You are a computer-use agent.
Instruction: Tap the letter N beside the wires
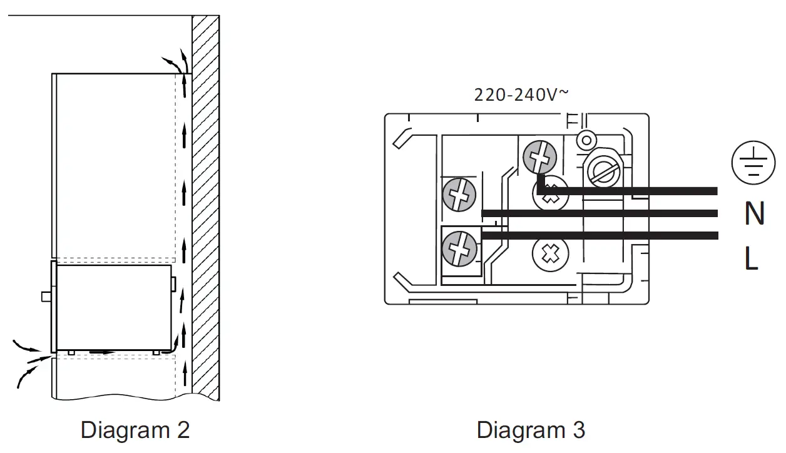click(x=754, y=214)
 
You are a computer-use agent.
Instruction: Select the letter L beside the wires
click(x=751, y=258)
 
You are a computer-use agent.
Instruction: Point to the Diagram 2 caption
click(x=135, y=430)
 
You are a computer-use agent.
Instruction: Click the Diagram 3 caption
click(x=531, y=430)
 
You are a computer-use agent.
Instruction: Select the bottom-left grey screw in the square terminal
click(x=459, y=250)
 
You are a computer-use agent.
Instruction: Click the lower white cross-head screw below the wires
click(x=549, y=255)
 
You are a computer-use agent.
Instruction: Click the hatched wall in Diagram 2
click(x=205, y=206)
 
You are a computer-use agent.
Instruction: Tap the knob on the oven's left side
click(x=46, y=296)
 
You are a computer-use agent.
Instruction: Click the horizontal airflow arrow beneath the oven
click(x=103, y=352)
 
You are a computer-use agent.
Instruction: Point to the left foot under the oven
click(x=71, y=352)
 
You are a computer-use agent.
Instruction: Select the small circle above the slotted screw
click(x=586, y=138)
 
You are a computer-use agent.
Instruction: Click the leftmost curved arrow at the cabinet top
click(x=168, y=61)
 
